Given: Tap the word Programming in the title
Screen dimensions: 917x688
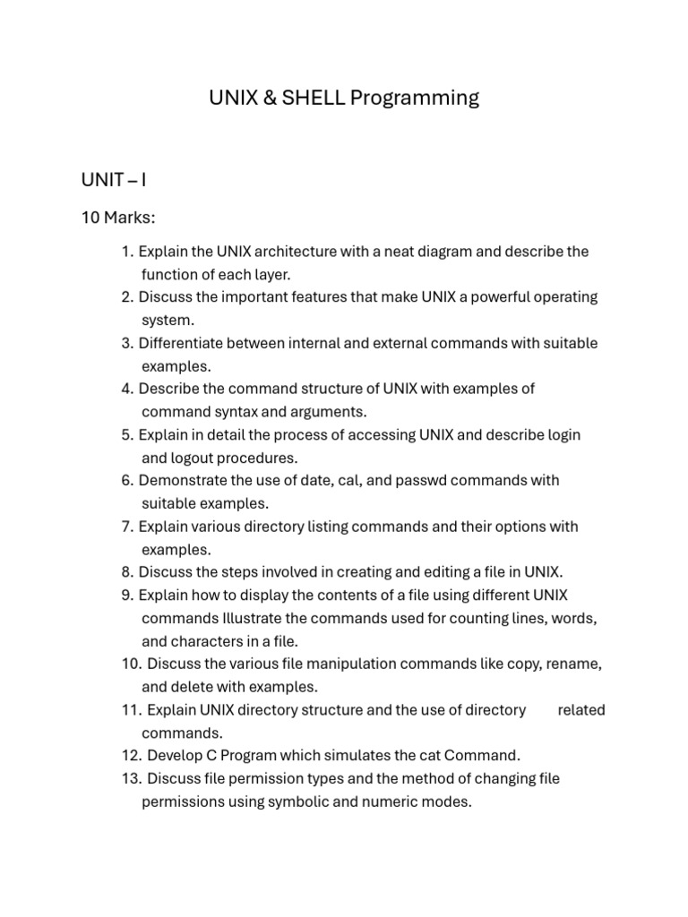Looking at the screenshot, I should click(x=415, y=99).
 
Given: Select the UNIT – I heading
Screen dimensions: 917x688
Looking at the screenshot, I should click(x=114, y=180).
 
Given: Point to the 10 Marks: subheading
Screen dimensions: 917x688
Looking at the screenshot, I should click(x=118, y=218).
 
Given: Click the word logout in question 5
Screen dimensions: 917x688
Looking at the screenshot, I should click(x=197, y=458).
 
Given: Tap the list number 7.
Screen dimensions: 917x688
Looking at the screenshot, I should click(x=126, y=527).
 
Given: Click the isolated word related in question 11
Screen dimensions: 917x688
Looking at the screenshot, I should click(x=581, y=710).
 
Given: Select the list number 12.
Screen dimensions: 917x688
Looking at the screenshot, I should click(x=132, y=756).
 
